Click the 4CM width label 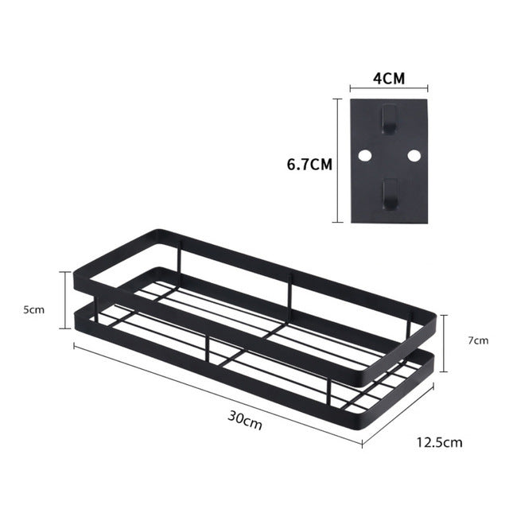coord(389,80)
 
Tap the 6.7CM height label coord(309,165)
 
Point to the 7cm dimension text coord(478,340)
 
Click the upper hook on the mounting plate coord(389,120)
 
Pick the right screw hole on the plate coord(414,155)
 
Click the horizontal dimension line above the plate coord(389,91)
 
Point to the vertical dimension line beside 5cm coord(66,299)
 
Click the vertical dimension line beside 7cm coord(446,340)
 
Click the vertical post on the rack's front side coord(208,351)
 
